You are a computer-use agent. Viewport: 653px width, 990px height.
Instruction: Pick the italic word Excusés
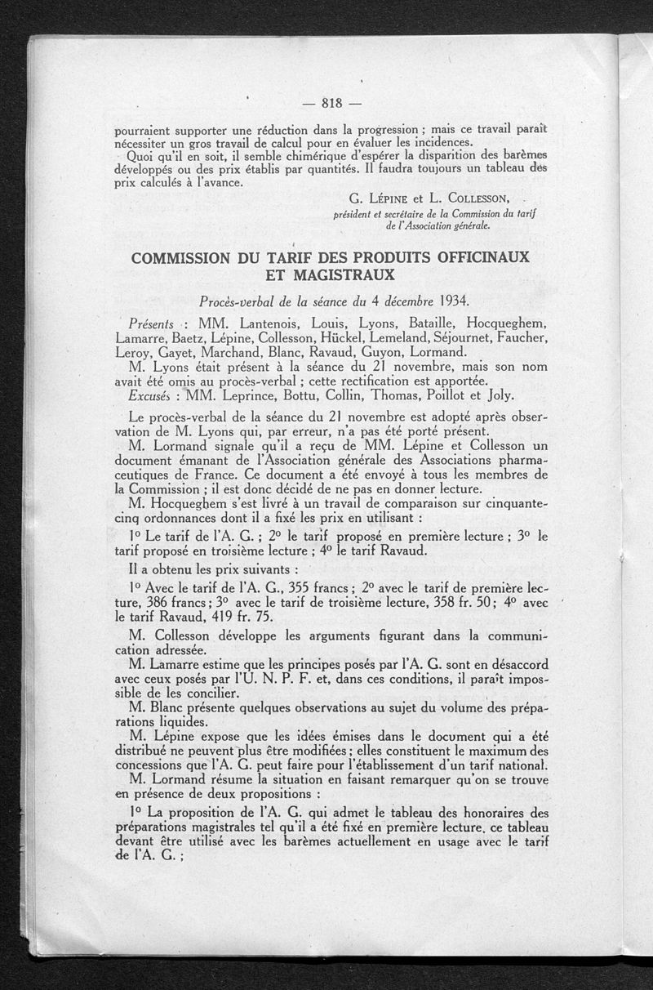click(154, 396)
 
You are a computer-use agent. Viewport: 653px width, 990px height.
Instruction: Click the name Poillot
click(440, 396)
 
